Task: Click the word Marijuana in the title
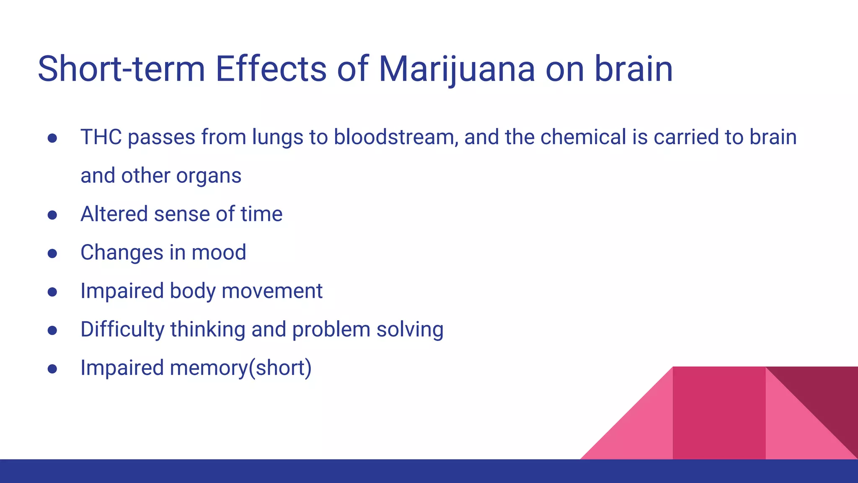pyautogui.click(x=457, y=69)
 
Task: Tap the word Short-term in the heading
pyautogui.click(x=121, y=69)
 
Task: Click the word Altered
pyautogui.click(x=114, y=214)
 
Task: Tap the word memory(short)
pyautogui.click(x=240, y=368)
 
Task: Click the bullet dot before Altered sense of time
pyautogui.click(x=52, y=215)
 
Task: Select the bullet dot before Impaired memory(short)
pyautogui.click(x=52, y=369)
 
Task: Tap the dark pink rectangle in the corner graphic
pyautogui.click(x=719, y=413)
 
